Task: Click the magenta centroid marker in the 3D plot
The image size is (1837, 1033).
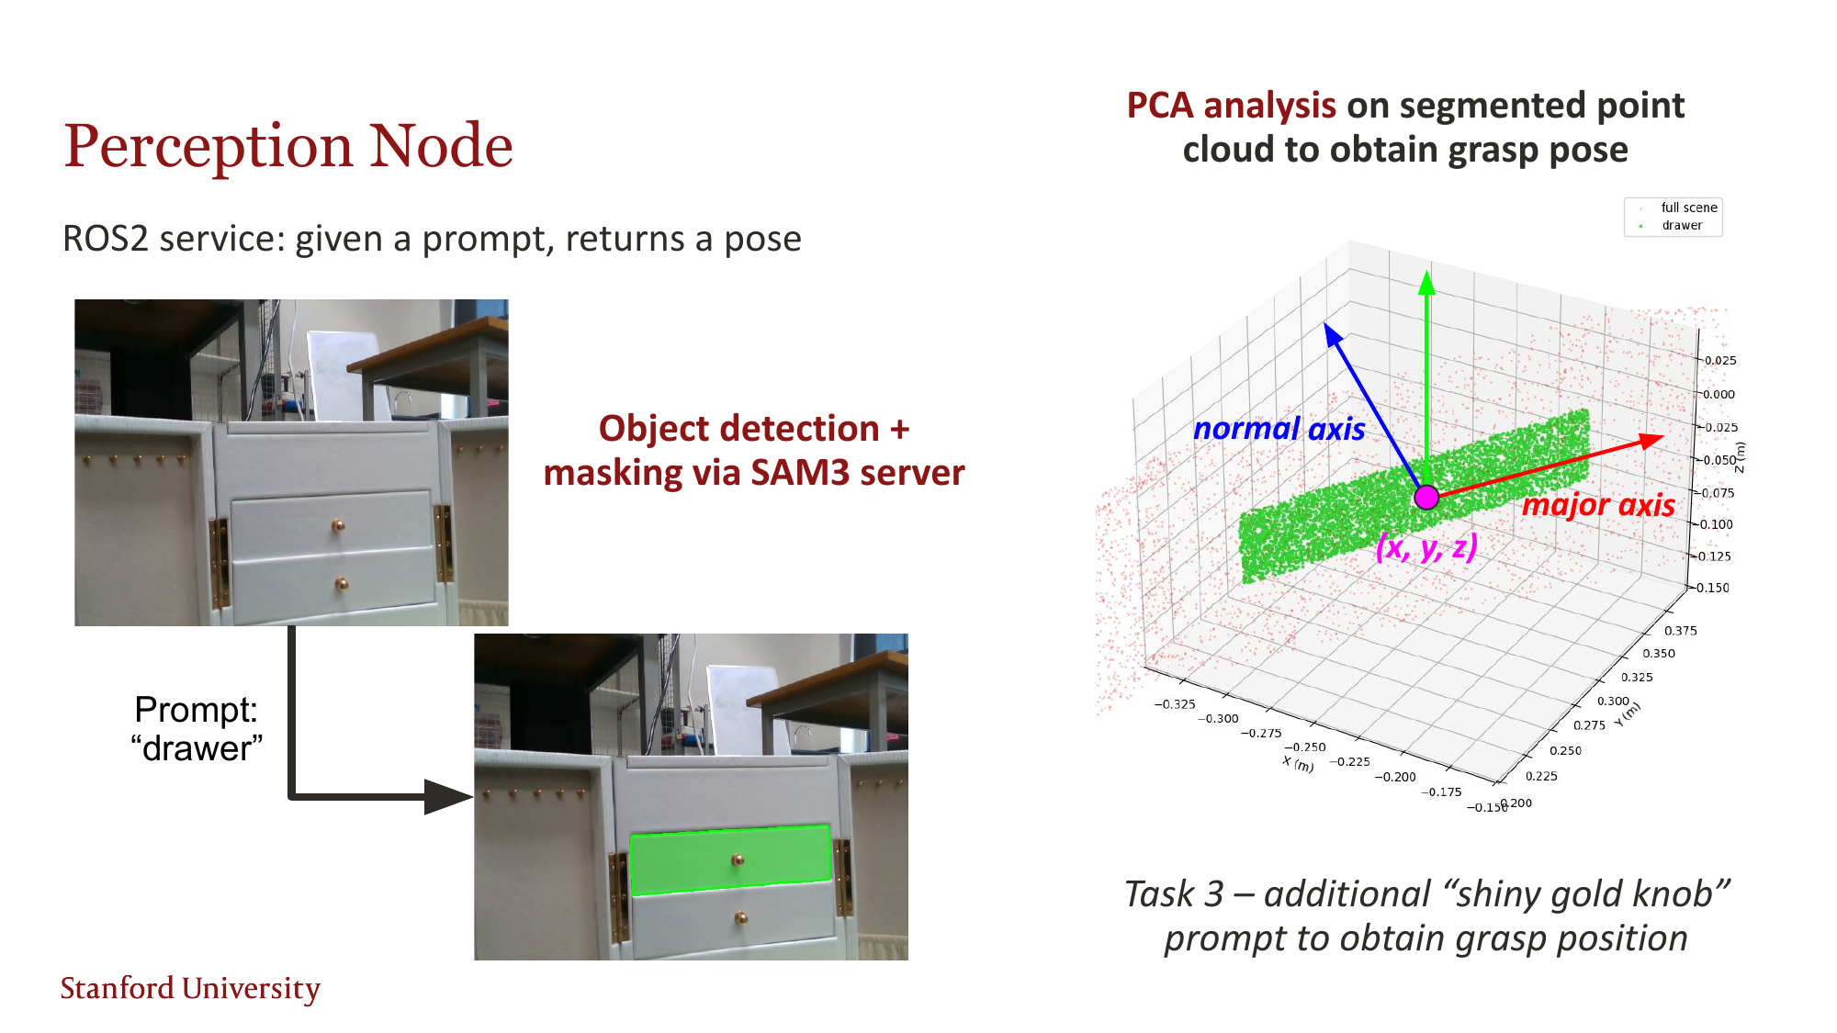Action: (x=1426, y=498)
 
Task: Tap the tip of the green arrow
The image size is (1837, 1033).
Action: (x=1426, y=275)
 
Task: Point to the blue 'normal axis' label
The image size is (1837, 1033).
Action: (x=1279, y=429)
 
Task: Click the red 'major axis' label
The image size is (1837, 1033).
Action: (x=1598, y=505)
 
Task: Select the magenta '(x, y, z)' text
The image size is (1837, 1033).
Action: (x=1426, y=547)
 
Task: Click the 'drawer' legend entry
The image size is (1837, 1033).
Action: (x=1681, y=226)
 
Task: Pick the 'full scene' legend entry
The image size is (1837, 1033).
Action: (x=1688, y=208)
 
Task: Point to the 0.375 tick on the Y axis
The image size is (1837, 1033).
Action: (x=1680, y=631)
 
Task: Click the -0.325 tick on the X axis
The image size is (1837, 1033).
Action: (x=1175, y=704)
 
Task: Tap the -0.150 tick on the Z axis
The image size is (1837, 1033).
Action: (x=1711, y=588)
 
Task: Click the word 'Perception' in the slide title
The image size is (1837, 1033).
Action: (x=208, y=147)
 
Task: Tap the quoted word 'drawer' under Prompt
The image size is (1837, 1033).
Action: (x=197, y=749)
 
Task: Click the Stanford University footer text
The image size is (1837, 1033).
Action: (x=190, y=988)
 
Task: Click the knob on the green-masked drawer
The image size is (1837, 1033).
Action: (x=738, y=860)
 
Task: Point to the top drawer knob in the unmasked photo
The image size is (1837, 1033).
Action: (x=338, y=526)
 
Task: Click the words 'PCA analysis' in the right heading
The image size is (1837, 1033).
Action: (x=1231, y=106)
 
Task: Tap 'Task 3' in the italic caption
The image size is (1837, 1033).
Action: (x=1173, y=894)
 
